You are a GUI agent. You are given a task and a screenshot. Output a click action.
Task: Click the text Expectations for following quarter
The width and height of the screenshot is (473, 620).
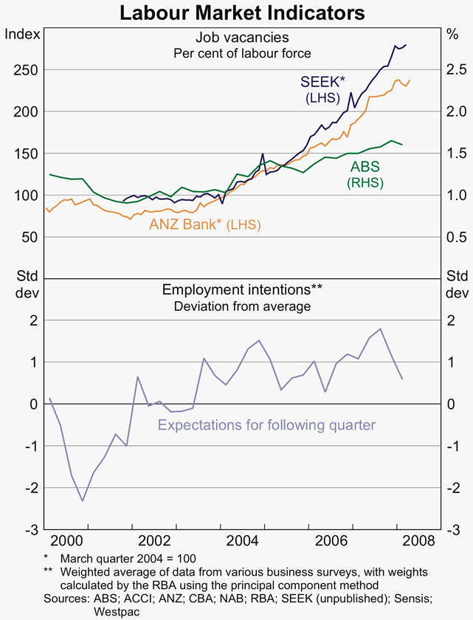[x=266, y=425]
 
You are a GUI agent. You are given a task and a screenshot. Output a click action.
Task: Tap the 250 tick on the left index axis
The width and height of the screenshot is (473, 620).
[x=27, y=69]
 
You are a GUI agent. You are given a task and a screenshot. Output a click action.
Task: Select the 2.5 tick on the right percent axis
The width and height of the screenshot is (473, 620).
[x=457, y=69]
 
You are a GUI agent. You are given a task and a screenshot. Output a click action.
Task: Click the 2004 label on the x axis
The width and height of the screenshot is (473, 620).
[x=241, y=540]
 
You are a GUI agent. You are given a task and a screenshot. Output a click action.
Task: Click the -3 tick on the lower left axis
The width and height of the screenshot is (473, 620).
[x=32, y=529]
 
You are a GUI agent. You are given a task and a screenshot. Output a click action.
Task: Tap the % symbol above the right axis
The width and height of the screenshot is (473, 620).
[x=453, y=34]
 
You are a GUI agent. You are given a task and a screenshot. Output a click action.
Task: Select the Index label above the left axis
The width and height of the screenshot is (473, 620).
[x=22, y=34]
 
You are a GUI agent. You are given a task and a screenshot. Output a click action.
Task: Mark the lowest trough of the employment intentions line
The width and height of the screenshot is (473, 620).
[x=83, y=501]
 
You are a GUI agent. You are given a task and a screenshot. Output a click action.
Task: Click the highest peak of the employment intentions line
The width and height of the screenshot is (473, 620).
[x=380, y=328]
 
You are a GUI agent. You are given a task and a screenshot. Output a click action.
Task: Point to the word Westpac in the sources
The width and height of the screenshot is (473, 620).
[x=117, y=612]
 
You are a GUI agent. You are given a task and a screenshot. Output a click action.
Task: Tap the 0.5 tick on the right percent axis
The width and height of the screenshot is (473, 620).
[x=457, y=237]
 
